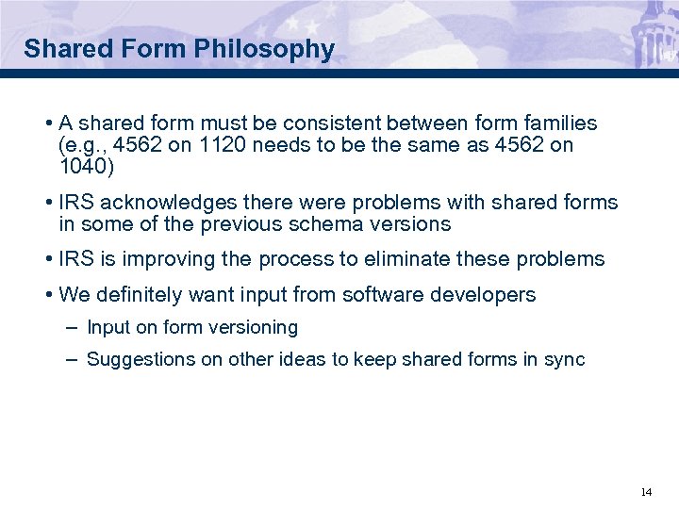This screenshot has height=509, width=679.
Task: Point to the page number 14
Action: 646,492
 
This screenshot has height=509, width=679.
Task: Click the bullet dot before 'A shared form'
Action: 47,124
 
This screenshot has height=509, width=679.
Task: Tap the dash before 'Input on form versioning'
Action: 73,328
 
